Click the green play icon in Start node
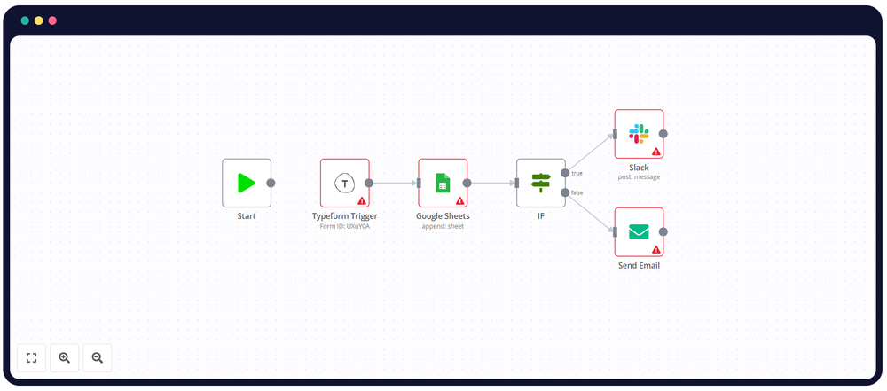pyautogui.click(x=246, y=183)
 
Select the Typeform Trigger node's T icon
pyautogui.click(x=344, y=183)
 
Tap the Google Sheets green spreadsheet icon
pyautogui.click(x=443, y=183)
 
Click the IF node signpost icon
pyautogui.click(x=540, y=183)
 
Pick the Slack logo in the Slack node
pyautogui.click(x=639, y=133)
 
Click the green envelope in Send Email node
pyautogui.click(x=639, y=231)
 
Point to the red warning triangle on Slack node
pyautogui.click(x=656, y=152)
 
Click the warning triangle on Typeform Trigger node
pyautogui.click(x=362, y=200)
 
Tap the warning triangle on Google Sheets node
pyautogui.click(x=460, y=200)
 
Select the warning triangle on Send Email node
pyautogui.click(x=656, y=250)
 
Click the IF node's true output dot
pyautogui.click(x=565, y=174)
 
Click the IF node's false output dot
pyautogui.click(x=565, y=192)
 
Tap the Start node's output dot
pyautogui.click(x=271, y=183)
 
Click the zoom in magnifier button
pyautogui.click(x=64, y=357)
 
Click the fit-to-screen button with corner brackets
pyautogui.click(x=31, y=357)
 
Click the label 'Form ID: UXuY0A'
pyautogui.click(x=344, y=226)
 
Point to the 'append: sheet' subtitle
pyautogui.click(x=443, y=226)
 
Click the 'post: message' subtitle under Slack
pyautogui.click(x=639, y=176)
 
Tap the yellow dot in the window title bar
pyautogui.click(x=39, y=20)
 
